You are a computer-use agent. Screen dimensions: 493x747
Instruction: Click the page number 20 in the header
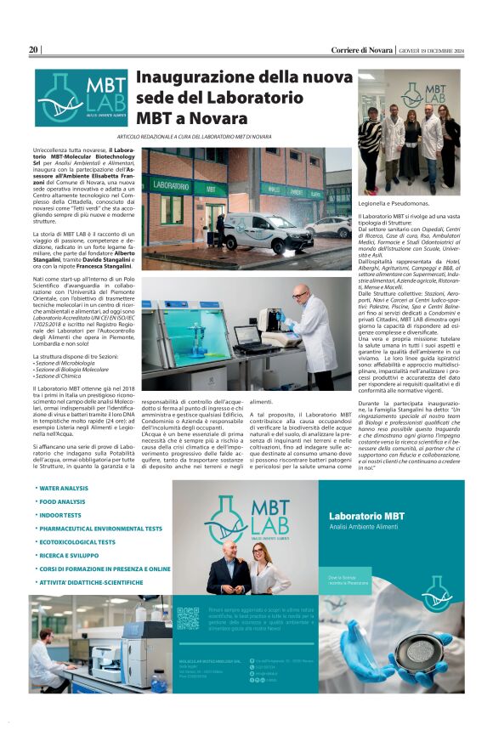coord(34,50)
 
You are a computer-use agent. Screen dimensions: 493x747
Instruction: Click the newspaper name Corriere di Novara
coord(362,50)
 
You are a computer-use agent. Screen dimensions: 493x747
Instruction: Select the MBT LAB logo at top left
coord(82,98)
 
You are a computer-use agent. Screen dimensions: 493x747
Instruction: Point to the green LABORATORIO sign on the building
coord(171,184)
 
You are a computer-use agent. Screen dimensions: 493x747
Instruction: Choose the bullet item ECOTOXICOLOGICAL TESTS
coord(77,541)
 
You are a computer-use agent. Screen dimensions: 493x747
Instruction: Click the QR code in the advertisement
coord(188,618)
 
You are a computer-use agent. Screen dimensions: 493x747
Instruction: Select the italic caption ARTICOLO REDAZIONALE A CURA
coord(195,136)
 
